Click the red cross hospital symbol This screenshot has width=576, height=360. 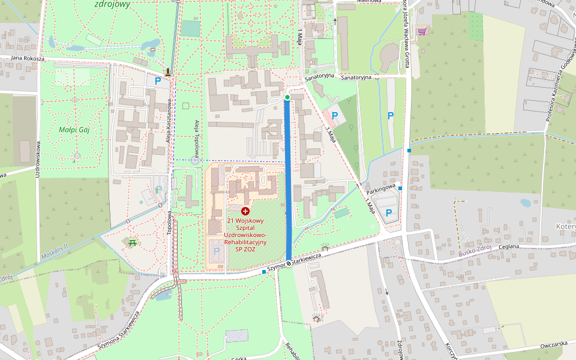(245, 211)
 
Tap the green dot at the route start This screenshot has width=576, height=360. (287, 97)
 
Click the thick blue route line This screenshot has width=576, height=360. (288, 180)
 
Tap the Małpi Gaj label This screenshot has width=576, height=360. (74, 130)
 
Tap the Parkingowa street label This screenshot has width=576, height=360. (381, 188)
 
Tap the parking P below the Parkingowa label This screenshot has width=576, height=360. (389, 212)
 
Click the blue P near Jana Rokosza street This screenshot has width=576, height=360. (158, 80)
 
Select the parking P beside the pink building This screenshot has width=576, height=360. (335, 115)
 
